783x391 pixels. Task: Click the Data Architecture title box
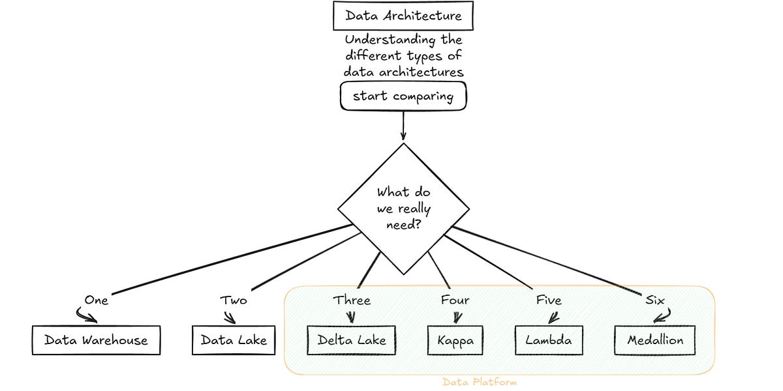[x=403, y=16]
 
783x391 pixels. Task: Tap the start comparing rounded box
[x=403, y=96]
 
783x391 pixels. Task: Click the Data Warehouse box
[x=96, y=340]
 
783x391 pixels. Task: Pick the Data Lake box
[x=234, y=340]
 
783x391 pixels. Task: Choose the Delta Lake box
[x=351, y=340]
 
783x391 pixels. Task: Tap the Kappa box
[x=455, y=340]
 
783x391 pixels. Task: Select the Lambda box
[x=548, y=340]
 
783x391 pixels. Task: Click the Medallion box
[x=654, y=340]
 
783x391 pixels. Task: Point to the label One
[x=96, y=300]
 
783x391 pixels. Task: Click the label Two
[x=234, y=300]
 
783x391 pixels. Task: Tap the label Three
[x=352, y=300]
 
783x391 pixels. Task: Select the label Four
[x=455, y=300]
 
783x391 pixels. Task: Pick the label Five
[x=548, y=300]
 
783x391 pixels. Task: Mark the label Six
[x=654, y=300]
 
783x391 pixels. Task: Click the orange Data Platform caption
[x=479, y=382]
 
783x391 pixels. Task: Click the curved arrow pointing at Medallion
[x=662, y=316]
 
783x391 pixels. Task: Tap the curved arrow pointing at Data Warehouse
[x=87, y=316]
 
